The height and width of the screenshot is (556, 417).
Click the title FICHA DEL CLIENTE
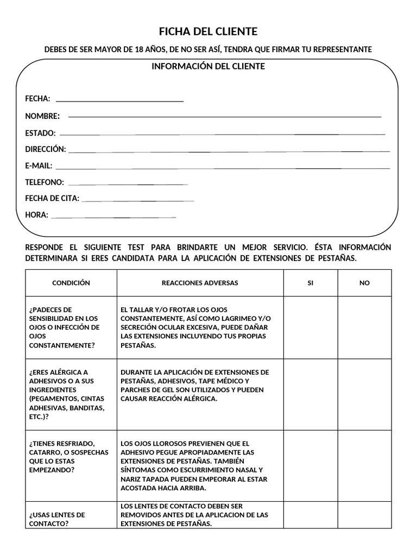coord(208,31)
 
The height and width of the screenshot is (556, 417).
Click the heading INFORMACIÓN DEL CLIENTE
coord(208,66)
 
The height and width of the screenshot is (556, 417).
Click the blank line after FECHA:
coord(119,101)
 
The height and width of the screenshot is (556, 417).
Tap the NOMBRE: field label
coord(42,116)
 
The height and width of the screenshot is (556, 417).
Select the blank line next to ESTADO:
coord(223,134)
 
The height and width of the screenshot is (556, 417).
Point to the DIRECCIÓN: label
coord(46,149)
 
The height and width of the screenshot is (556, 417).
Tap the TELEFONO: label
coord(45,182)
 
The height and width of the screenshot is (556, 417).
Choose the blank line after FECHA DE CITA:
coord(138,201)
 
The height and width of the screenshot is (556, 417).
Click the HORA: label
coord(36,215)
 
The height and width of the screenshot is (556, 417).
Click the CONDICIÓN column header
coord(71,283)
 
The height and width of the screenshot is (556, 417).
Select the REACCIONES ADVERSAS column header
coord(200,283)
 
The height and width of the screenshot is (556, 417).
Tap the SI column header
coord(311,283)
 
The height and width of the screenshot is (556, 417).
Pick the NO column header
coord(364,283)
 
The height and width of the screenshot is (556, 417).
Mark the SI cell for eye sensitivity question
coord(311,327)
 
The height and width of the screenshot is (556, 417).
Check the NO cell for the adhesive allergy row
coord(364,395)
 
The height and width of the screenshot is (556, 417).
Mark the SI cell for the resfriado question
coord(311,466)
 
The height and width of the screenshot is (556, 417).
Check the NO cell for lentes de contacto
coord(364,515)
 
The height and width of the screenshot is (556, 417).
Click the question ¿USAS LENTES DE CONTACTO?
coord(57,519)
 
